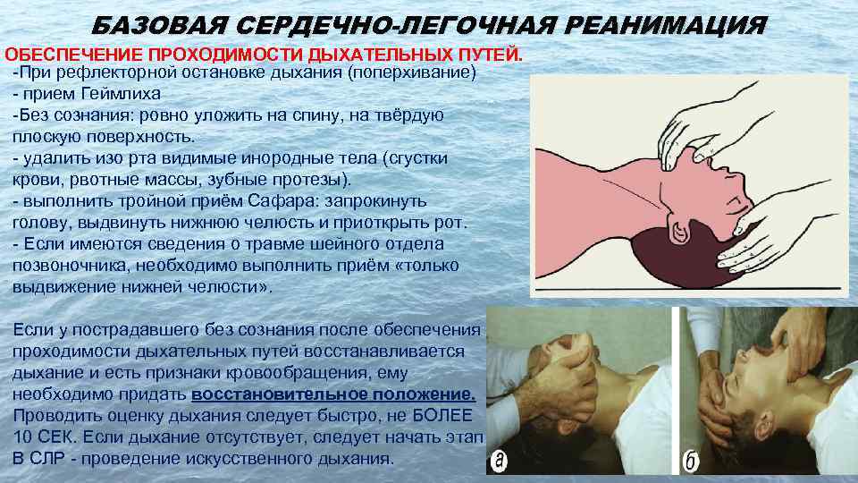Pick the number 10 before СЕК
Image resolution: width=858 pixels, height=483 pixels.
(x=22, y=437)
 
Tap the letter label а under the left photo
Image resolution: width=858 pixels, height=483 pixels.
(x=500, y=461)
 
